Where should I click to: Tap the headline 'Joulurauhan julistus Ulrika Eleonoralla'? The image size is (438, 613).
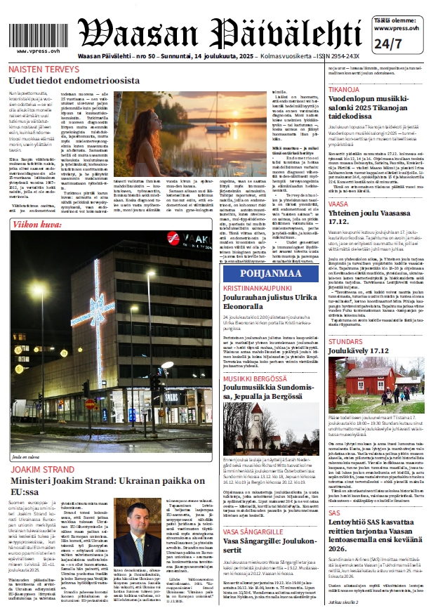click(271, 302)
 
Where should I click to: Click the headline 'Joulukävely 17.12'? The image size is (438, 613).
click(359, 350)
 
